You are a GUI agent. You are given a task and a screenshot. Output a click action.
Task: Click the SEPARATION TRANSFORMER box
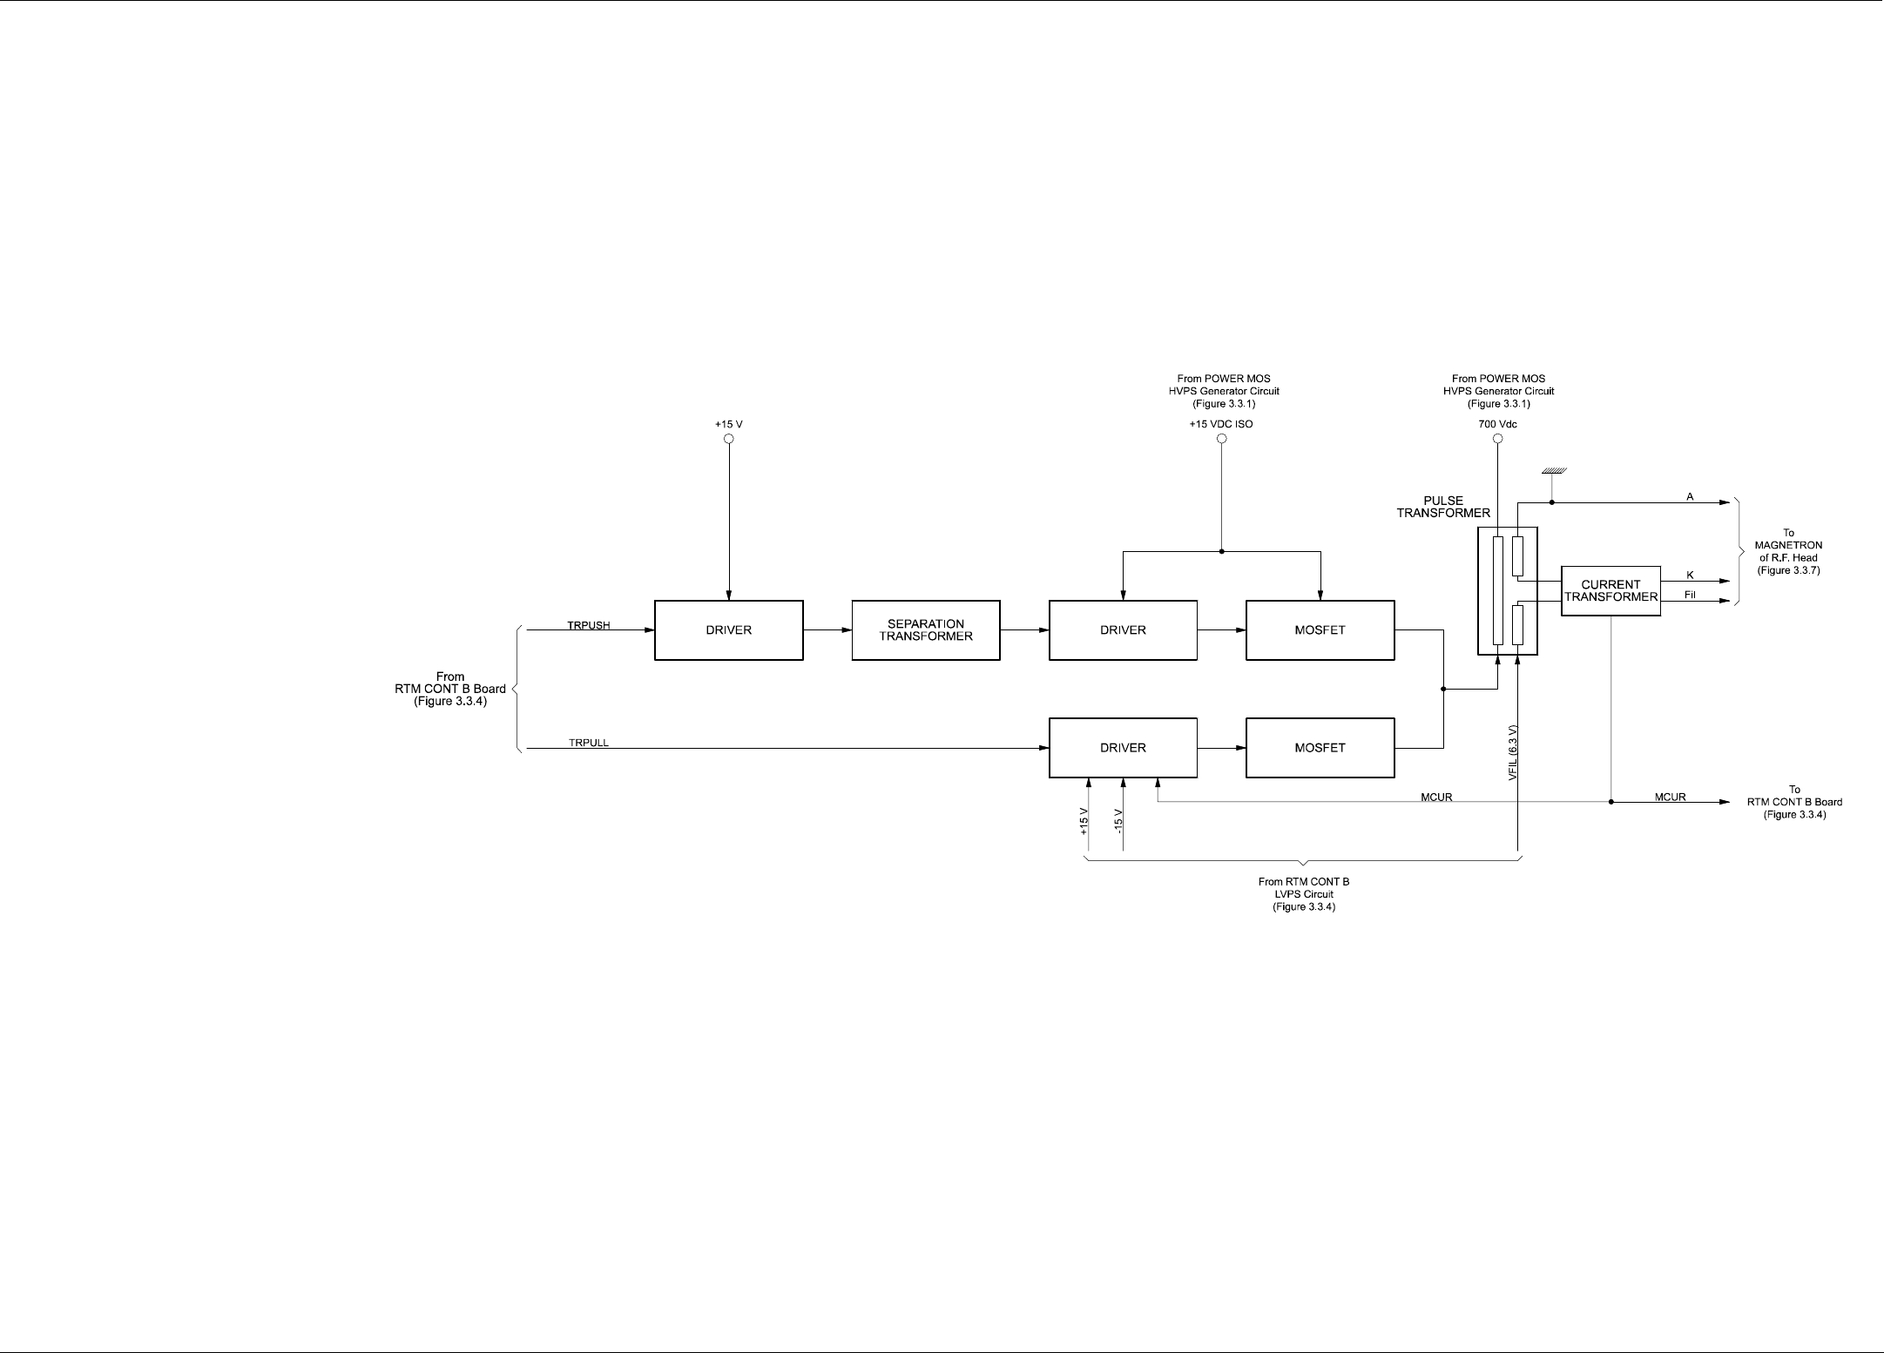(x=926, y=630)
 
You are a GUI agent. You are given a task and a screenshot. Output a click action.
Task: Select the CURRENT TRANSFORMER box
(x=1611, y=591)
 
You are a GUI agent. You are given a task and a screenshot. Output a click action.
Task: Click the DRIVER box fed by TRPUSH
(x=728, y=630)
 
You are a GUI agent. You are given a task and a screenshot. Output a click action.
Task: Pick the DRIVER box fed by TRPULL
(x=1123, y=748)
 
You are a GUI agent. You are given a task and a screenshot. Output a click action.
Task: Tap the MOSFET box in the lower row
(x=1320, y=748)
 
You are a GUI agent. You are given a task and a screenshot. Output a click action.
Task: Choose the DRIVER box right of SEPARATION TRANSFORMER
(x=1123, y=630)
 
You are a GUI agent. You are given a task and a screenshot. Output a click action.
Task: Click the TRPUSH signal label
(x=589, y=625)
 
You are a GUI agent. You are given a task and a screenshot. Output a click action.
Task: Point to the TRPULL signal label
(x=589, y=743)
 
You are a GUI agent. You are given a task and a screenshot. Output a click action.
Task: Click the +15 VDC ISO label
(x=1221, y=425)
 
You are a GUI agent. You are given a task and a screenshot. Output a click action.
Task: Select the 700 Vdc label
(x=1497, y=425)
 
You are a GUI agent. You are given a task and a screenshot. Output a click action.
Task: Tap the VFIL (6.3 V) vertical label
(x=1513, y=751)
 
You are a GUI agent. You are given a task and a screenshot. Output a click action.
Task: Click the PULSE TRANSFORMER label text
(x=1443, y=507)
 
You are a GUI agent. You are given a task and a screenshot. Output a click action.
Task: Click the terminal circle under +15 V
(x=729, y=439)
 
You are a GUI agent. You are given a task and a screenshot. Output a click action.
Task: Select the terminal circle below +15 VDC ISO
(x=1221, y=439)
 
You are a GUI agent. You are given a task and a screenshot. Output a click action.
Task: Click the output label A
(x=1690, y=497)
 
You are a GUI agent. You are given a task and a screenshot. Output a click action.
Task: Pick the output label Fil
(x=1690, y=596)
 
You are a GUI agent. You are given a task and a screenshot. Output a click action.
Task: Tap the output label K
(x=1690, y=576)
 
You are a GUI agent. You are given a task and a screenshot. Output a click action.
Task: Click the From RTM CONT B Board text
(x=450, y=689)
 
